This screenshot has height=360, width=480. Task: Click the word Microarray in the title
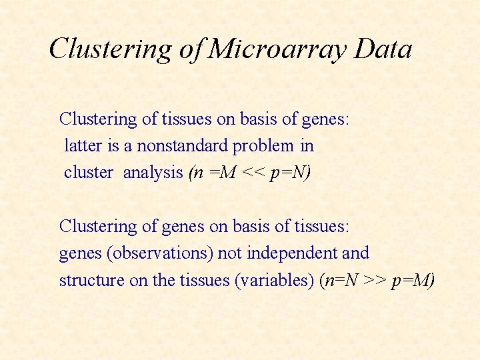[278, 49]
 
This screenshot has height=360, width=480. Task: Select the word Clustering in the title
[111, 49]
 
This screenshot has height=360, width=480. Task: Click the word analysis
[153, 172]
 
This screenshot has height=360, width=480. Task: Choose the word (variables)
[273, 280]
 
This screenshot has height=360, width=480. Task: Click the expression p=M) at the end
[413, 280]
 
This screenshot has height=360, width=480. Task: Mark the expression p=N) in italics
[291, 172]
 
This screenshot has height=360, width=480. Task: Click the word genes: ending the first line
[326, 119]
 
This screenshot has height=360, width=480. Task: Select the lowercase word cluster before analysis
[89, 172]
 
